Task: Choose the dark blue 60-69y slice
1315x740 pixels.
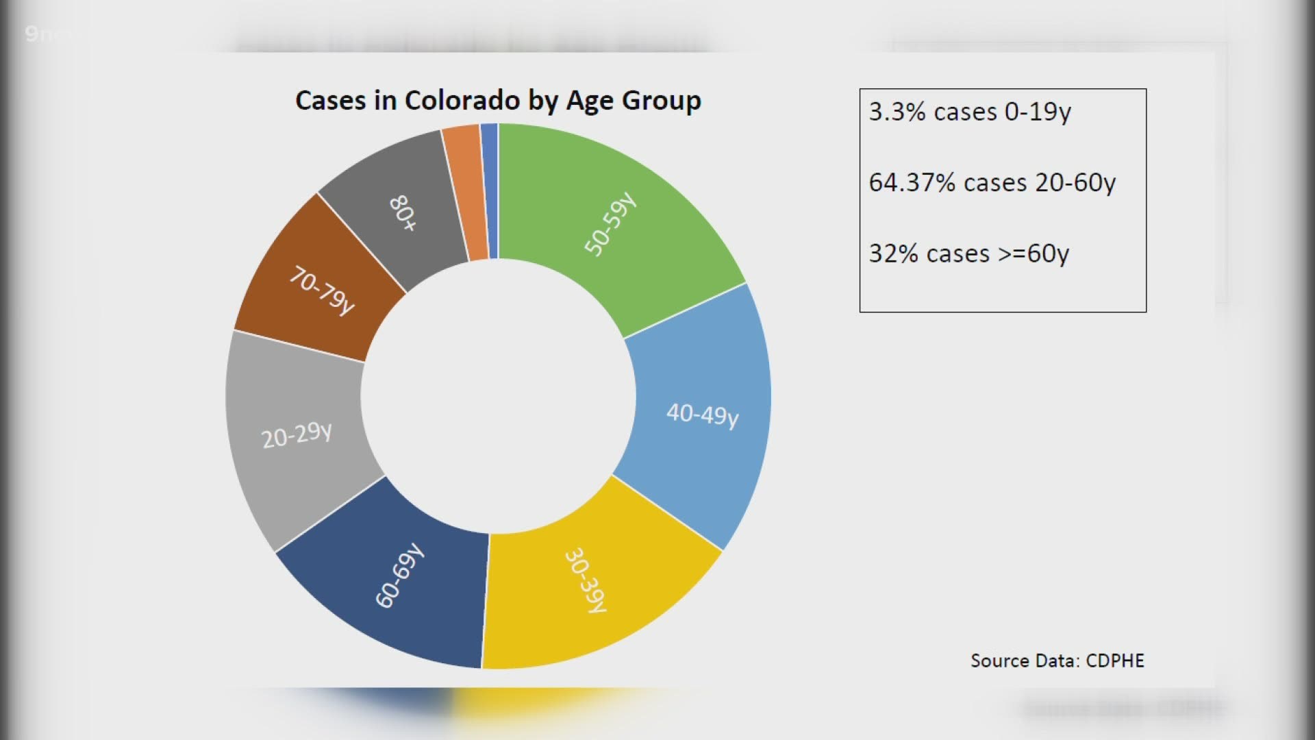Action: click(397, 582)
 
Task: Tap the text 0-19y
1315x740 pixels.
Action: click(1037, 112)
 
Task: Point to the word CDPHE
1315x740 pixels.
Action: click(1115, 661)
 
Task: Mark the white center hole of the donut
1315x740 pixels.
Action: click(499, 396)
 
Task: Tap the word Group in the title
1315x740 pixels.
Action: click(662, 101)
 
